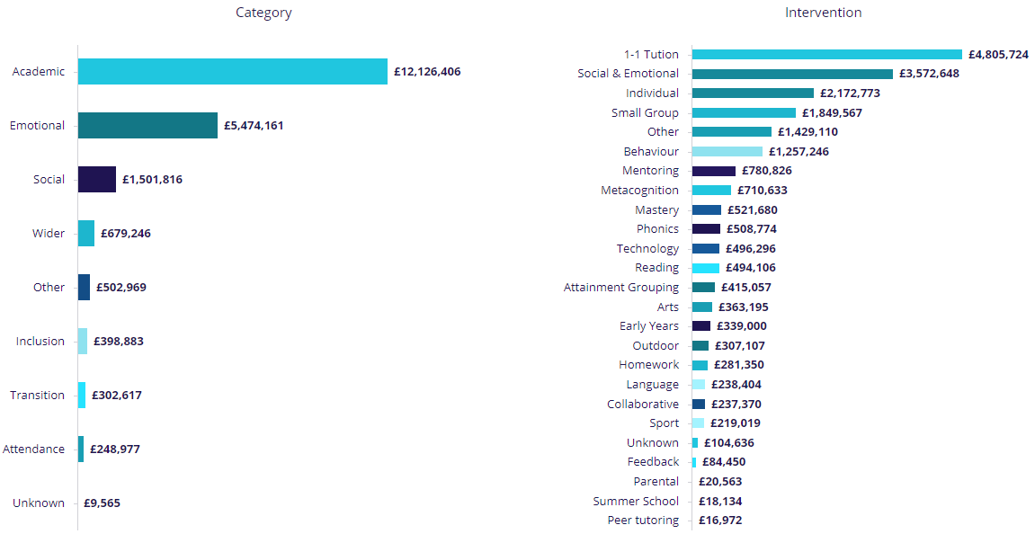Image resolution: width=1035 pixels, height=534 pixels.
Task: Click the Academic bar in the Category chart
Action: [232, 72]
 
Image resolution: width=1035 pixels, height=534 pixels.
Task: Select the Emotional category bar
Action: [147, 126]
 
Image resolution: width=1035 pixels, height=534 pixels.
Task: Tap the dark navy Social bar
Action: [97, 180]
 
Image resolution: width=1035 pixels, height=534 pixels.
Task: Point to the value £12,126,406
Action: [427, 72]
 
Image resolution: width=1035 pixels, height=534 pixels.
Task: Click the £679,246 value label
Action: [126, 234]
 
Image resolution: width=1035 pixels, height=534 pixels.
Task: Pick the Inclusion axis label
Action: [40, 342]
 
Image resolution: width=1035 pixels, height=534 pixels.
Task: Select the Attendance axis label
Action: [34, 449]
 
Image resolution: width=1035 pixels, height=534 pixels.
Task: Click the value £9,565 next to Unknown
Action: [102, 503]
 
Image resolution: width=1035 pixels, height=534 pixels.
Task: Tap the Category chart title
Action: [263, 13]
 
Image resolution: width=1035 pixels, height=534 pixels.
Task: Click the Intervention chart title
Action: [823, 13]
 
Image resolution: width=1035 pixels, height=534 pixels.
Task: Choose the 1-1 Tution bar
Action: [827, 55]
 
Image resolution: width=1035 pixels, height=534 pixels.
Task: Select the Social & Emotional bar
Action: [792, 74]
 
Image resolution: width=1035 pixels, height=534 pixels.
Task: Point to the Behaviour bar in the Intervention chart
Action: [727, 152]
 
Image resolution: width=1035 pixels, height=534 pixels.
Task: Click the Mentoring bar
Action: [714, 171]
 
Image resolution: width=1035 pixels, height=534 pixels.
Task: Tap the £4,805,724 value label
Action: [998, 55]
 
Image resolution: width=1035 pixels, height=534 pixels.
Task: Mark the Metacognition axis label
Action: [640, 191]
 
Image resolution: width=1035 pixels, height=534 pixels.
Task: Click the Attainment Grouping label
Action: [621, 288]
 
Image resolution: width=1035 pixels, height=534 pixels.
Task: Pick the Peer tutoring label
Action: [643, 521]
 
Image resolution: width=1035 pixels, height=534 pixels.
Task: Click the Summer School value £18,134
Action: [720, 502]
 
